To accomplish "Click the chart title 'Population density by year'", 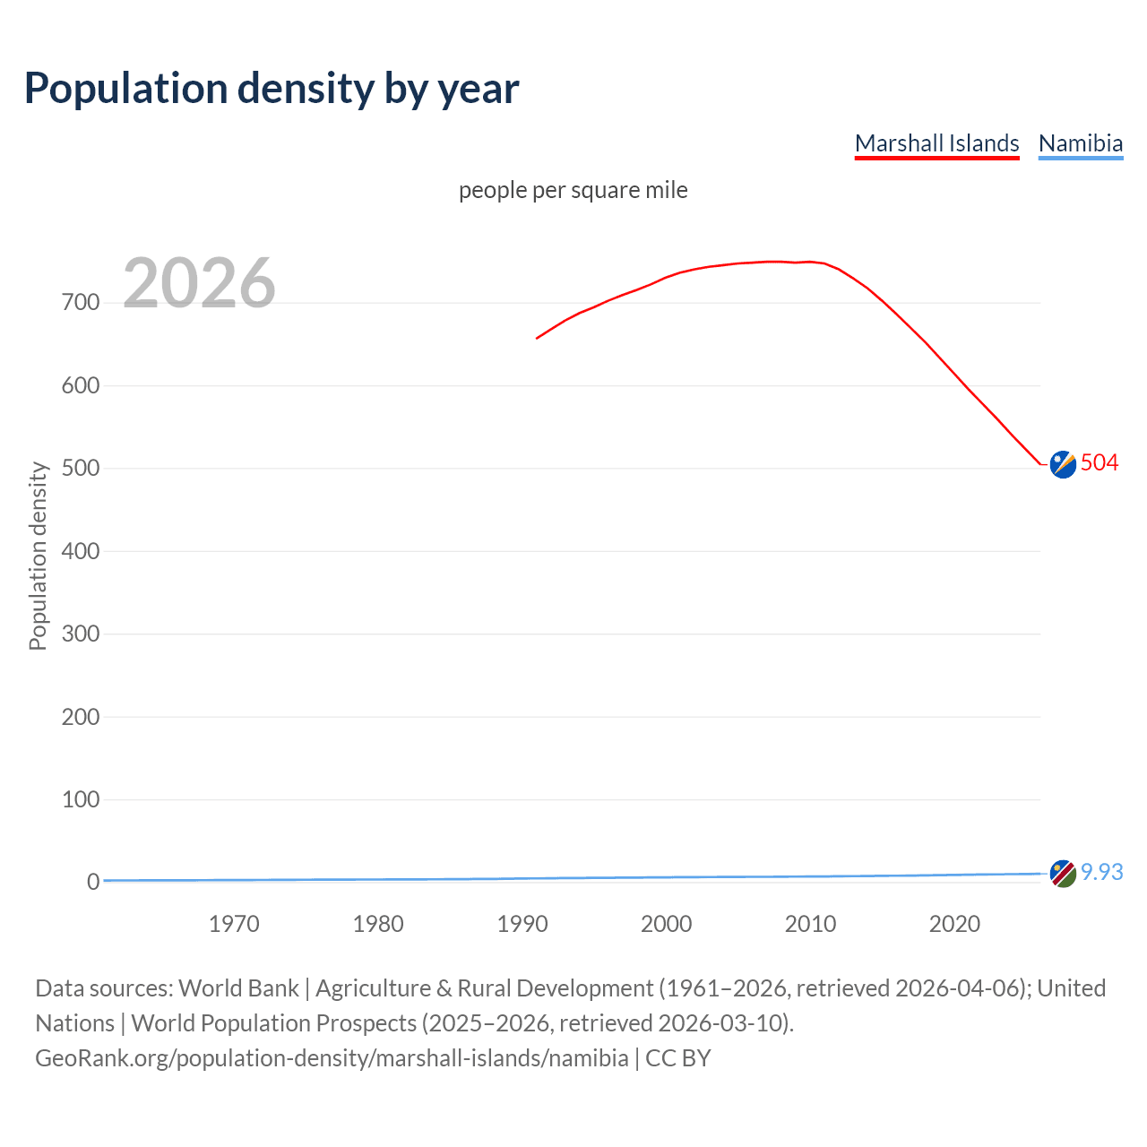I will pyautogui.click(x=272, y=89).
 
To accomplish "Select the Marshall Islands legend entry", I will pyautogui.click(x=936, y=143).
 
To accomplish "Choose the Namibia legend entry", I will pyautogui.click(x=1080, y=143).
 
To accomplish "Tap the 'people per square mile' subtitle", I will pyautogui.click(x=573, y=191).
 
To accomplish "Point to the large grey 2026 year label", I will pyautogui.click(x=199, y=283).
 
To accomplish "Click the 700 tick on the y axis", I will pyautogui.click(x=81, y=303).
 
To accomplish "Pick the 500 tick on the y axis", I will pyautogui.click(x=81, y=469).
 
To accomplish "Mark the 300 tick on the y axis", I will pyautogui.click(x=81, y=634).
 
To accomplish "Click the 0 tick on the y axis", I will pyautogui.click(x=93, y=882).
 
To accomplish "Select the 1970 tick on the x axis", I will pyautogui.click(x=234, y=924).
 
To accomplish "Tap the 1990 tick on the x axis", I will pyautogui.click(x=522, y=924).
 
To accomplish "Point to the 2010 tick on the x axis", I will pyautogui.click(x=810, y=924).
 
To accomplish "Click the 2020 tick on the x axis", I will pyautogui.click(x=954, y=924).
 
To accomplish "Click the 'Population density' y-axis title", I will pyautogui.click(x=38, y=556).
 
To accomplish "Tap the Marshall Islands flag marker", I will pyautogui.click(x=1063, y=464).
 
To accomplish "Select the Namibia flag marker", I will pyautogui.click(x=1063, y=874).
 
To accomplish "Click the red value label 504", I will pyautogui.click(x=1100, y=463).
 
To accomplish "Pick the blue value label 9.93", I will pyautogui.click(x=1101, y=873).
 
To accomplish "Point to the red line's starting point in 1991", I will pyautogui.click(x=537, y=338).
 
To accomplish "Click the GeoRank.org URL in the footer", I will pyautogui.click(x=332, y=1058).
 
